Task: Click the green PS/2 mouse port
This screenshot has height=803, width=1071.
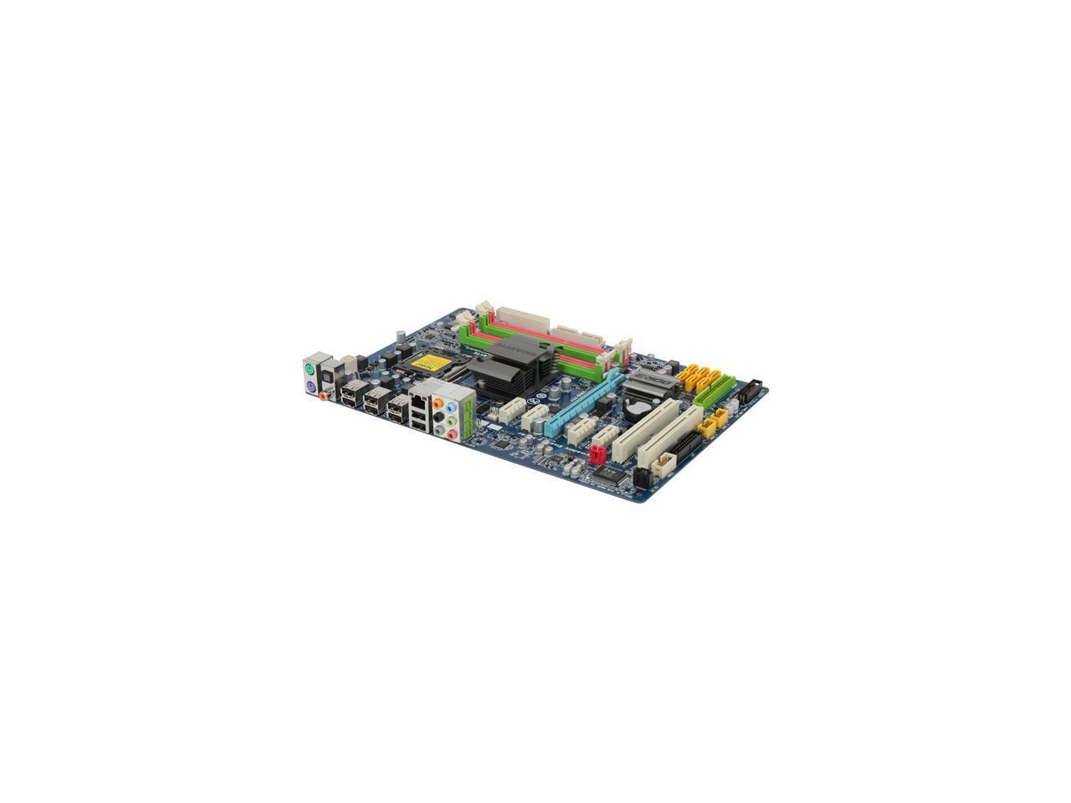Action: pos(309,369)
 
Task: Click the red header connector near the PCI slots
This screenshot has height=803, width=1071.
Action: pos(597,455)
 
